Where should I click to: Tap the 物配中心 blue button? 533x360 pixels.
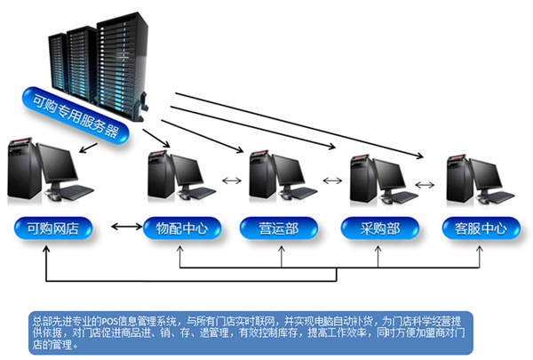click(x=176, y=228)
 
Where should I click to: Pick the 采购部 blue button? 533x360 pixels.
click(x=380, y=228)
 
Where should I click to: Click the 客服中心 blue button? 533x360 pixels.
click(x=481, y=228)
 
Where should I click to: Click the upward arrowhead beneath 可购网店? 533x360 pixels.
click(x=44, y=252)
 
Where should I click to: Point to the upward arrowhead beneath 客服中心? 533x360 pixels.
click(x=482, y=252)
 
